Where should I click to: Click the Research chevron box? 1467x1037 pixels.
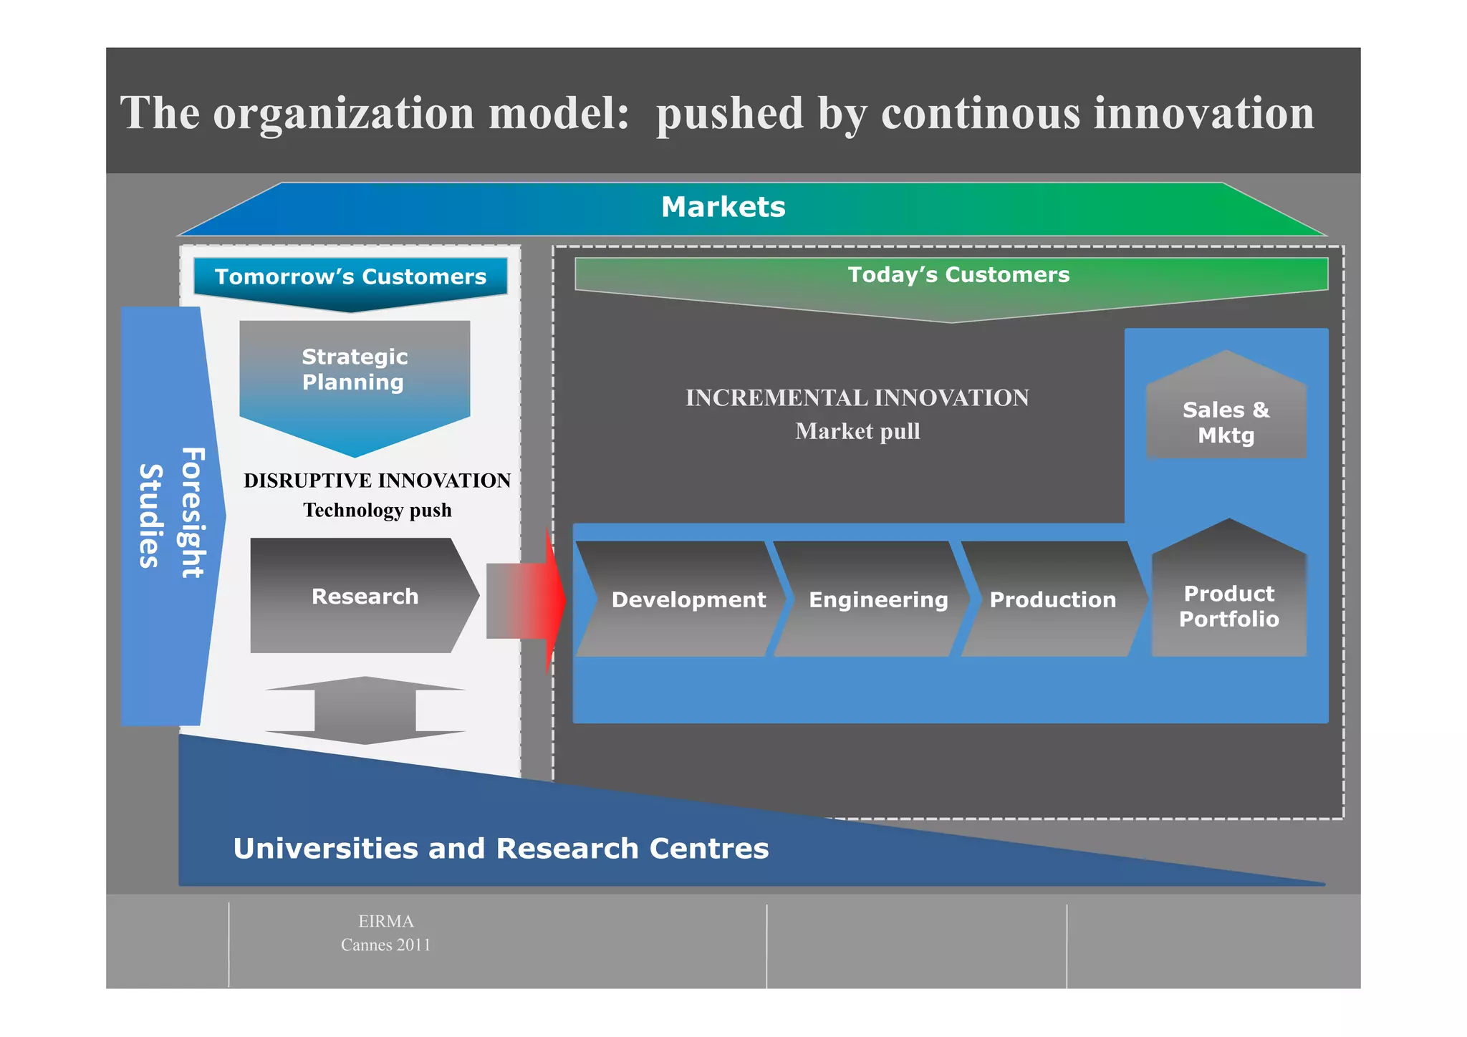364,596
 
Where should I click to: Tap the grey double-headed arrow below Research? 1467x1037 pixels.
365,710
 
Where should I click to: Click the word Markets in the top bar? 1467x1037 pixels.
723,207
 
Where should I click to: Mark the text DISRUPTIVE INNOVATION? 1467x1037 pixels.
377,481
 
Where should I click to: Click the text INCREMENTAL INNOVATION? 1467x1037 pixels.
857,398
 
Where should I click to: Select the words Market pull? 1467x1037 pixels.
857,431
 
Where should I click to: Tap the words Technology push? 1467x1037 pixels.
377,510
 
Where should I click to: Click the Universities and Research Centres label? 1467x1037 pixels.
501,849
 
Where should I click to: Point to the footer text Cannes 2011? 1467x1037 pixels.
385,945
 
